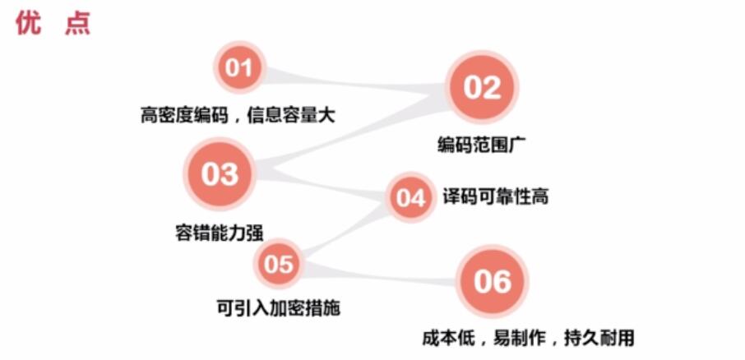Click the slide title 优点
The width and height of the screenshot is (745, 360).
(x=53, y=23)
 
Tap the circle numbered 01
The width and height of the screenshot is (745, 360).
(x=238, y=67)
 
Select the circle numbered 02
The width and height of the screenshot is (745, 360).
(x=483, y=88)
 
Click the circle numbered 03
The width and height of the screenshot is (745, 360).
(x=220, y=174)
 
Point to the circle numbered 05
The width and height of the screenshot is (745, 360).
(x=279, y=264)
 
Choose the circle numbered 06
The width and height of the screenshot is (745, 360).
(x=492, y=282)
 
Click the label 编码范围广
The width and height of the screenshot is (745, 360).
(x=482, y=145)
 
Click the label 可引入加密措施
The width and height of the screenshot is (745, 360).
(x=278, y=308)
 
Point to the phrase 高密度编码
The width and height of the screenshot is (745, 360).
(x=182, y=115)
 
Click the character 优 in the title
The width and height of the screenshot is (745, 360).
(x=29, y=23)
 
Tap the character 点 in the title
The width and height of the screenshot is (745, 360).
(x=77, y=23)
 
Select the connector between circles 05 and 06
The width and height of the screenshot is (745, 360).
(x=378, y=274)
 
